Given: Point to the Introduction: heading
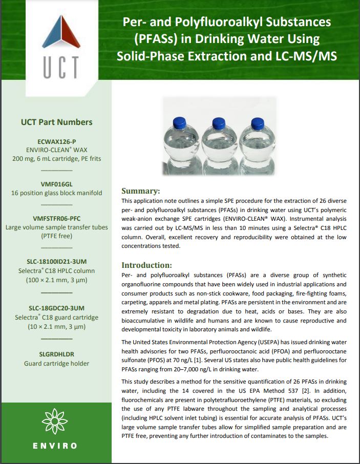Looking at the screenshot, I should point(146,265).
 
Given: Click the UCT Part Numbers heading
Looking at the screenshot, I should point(56,122).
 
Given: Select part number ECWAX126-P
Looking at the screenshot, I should point(56,141).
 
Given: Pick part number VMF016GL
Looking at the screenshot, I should point(56,184).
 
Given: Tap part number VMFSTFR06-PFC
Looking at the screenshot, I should point(56,218).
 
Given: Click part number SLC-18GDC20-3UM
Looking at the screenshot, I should point(56,308).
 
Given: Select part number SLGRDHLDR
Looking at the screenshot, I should point(56,354).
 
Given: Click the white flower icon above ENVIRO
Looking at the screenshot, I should point(56,421).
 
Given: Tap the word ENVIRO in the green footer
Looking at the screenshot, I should point(56,446).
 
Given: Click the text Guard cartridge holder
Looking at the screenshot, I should point(56,364).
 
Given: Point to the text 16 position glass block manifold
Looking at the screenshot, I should point(56,193).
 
